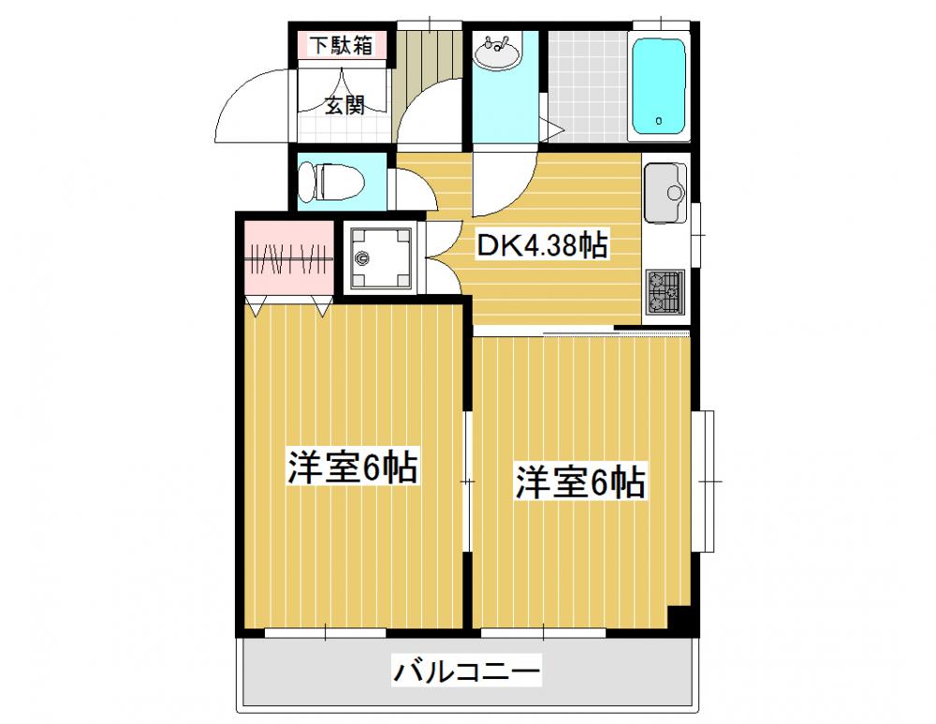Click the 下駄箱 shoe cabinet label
click(341, 45)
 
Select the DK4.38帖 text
click(541, 244)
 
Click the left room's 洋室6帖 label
click(352, 466)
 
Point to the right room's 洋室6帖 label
click(580, 481)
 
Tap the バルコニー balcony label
click(466, 671)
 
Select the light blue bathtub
click(658, 86)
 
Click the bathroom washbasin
click(498, 52)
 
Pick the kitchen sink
click(665, 192)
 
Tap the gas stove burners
click(665, 291)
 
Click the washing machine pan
click(380, 258)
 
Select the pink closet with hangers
click(289, 258)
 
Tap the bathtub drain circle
click(658, 121)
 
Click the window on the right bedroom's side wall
click(707, 480)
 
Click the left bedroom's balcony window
click(326, 632)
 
